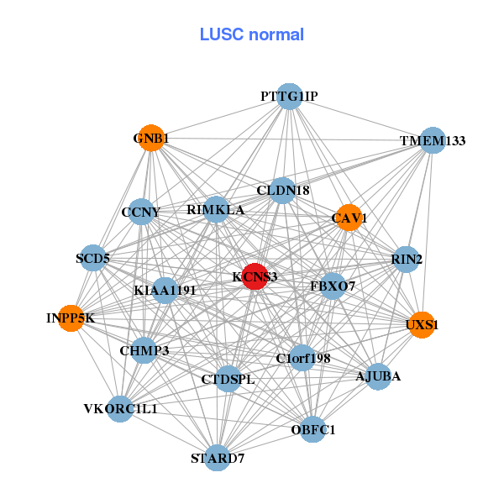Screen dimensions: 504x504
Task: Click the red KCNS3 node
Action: tap(255, 276)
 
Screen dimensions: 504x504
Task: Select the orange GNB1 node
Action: tap(151, 139)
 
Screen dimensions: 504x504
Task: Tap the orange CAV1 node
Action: tap(348, 218)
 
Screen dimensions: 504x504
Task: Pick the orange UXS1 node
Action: tap(422, 324)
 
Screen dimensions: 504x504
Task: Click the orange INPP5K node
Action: tap(71, 318)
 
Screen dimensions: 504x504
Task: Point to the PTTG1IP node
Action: tap(289, 97)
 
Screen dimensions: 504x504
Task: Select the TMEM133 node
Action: tap(432, 141)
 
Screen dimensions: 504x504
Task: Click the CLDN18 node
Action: tap(283, 191)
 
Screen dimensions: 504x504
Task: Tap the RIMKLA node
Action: tap(216, 210)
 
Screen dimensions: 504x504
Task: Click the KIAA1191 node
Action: tap(165, 291)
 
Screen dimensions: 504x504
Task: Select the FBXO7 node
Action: tap(333, 286)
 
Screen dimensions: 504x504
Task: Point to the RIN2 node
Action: tap(407, 260)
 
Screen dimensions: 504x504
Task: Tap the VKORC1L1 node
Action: tap(120, 409)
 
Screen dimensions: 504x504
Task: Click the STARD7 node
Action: tap(218, 458)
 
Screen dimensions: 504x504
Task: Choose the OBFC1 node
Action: tap(312, 430)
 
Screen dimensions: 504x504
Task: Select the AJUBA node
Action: tap(378, 376)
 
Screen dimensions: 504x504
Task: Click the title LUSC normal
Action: tap(251, 34)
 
